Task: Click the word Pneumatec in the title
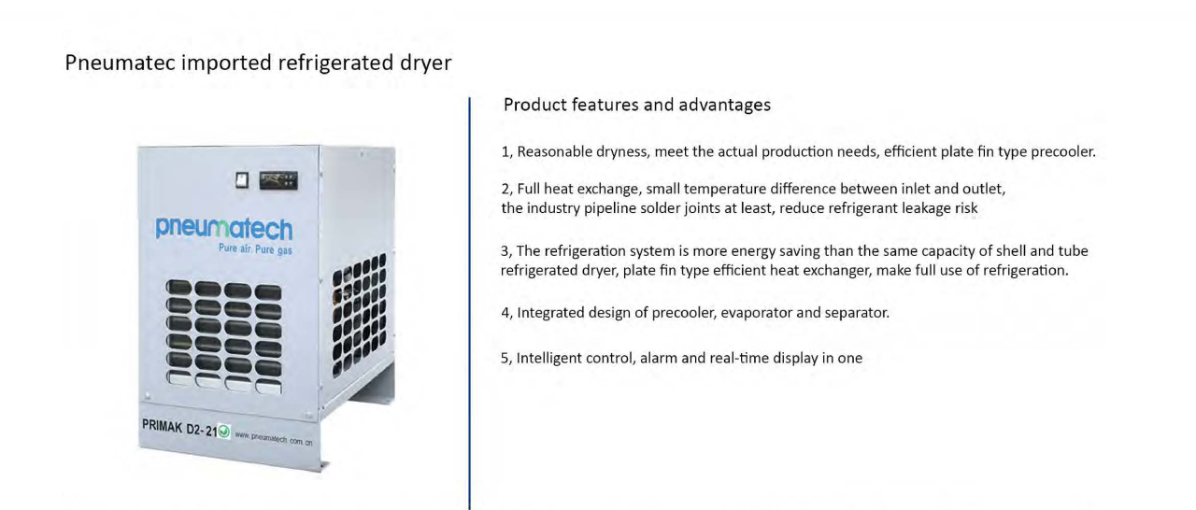pos(121,63)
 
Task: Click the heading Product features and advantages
pos(637,105)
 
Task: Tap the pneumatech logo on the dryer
pos(223,228)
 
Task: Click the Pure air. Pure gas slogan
pos(255,249)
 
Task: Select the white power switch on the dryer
pos(242,179)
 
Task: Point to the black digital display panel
pos(278,180)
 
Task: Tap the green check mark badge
pos(224,431)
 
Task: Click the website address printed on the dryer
pos(274,438)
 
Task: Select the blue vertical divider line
pos(469,303)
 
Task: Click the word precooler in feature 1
pos(1062,152)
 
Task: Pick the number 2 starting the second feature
pos(506,190)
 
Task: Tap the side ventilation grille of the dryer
pos(359,315)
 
